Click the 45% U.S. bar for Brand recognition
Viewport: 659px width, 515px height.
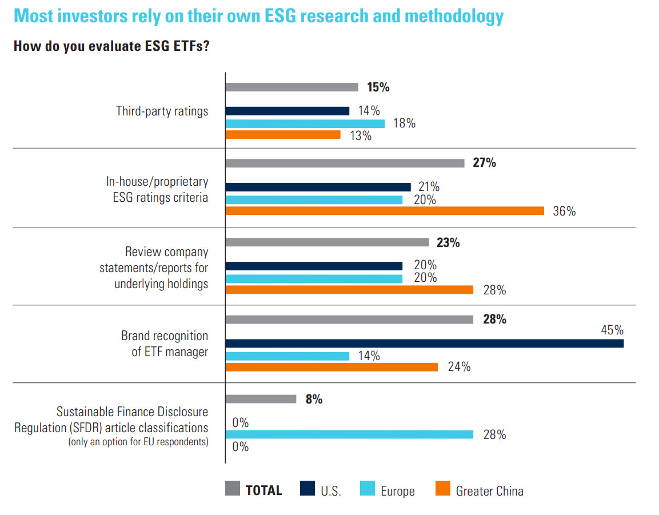[424, 344]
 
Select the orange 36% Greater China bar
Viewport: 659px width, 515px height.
[384, 211]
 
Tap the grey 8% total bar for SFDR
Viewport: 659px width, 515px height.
[261, 399]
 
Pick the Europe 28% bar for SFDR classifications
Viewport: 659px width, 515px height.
[349, 434]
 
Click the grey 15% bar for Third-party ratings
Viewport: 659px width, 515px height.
[291, 87]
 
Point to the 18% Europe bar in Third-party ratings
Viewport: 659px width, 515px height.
[305, 123]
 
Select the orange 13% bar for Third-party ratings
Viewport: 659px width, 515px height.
[283, 135]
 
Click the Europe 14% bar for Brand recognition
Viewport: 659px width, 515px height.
[287, 356]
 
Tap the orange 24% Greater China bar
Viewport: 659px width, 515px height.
[332, 367]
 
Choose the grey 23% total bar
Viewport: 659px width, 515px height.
[327, 242]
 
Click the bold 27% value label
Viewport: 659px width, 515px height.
[484, 163]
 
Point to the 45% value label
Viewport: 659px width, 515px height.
[612, 330]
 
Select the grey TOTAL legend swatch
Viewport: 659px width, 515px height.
[232, 489]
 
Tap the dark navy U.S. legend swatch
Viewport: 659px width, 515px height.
[307, 489]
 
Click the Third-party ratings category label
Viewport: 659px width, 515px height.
[162, 111]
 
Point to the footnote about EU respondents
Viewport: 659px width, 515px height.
[138, 442]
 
